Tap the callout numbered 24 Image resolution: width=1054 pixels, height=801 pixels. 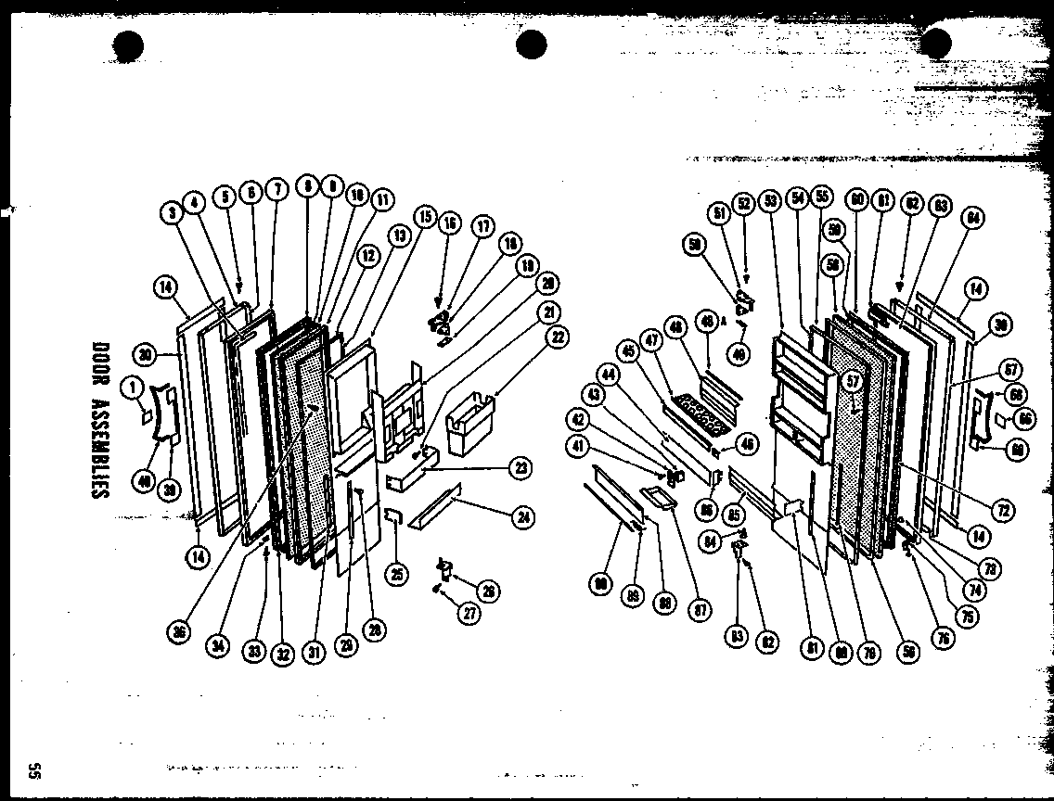(x=524, y=518)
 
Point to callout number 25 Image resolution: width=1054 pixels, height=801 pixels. (x=397, y=574)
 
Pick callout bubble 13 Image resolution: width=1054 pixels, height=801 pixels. (x=399, y=236)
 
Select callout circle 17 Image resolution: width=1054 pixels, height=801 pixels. (x=482, y=224)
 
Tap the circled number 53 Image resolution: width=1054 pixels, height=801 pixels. (x=769, y=199)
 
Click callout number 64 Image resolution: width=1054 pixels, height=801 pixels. (x=973, y=219)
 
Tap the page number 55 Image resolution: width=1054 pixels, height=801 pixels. (x=33, y=770)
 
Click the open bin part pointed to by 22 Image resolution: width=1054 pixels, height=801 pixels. (x=470, y=429)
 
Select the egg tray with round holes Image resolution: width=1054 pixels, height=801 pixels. (x=701, y=414)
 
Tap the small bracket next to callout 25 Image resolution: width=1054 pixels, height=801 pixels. (x=392, y=516)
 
